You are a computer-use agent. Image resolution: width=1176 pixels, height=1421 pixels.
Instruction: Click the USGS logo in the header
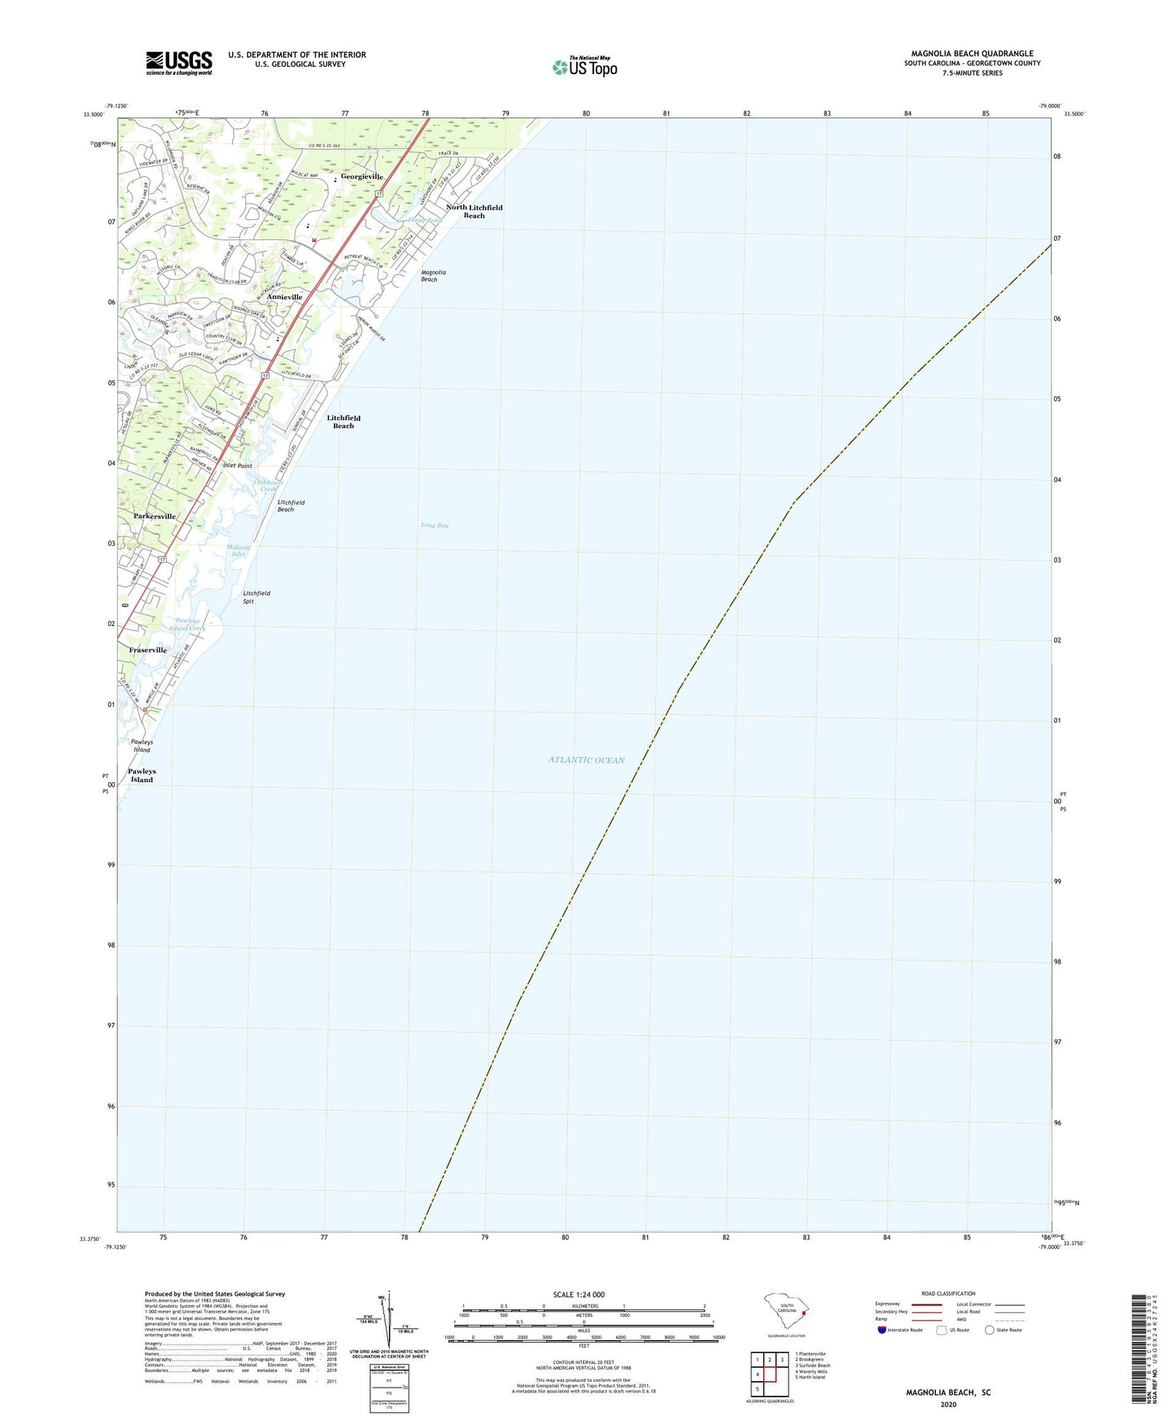(179, 63)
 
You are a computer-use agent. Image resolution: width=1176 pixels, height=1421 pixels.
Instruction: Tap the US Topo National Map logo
(584, 67)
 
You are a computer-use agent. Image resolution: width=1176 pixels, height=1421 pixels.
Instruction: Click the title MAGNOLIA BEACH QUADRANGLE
(972, 54)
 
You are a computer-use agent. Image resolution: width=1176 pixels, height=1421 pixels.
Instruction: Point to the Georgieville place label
(361, 177)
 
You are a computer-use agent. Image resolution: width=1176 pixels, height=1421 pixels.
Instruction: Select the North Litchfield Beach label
(474, 212)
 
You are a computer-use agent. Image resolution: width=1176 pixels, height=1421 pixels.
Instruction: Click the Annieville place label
(285, 297)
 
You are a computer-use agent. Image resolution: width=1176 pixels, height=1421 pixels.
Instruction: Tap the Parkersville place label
(155, 516)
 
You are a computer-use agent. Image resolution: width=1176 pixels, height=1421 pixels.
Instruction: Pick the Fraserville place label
(148, 650)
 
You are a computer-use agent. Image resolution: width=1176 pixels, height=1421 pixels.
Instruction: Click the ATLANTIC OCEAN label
(586, 760)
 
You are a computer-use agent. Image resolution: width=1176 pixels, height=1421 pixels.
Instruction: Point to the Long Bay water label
(435, 526)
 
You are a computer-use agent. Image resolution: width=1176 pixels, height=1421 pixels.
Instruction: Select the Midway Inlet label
(238, 551)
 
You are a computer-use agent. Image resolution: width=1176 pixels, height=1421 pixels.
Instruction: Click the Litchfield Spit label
(256, 597)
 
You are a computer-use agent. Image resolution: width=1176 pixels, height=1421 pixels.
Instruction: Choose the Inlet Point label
(238, 466)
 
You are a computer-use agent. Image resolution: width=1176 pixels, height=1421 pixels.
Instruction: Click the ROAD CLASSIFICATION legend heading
(948, 1293)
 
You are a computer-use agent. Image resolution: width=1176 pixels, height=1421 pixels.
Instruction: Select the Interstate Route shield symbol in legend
(882, 1330)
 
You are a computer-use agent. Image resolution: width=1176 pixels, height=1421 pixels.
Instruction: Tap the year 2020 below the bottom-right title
(948, 1405)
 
